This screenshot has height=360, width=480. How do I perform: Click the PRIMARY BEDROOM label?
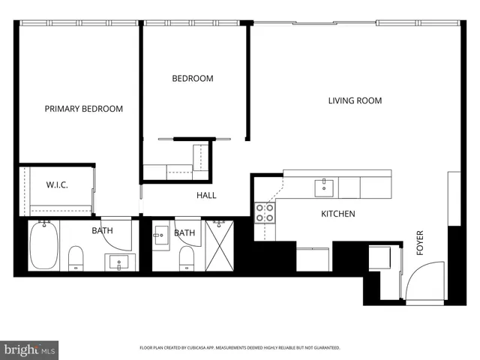[x=83, y=109]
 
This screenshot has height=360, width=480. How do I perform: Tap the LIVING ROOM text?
[x=355, y=100]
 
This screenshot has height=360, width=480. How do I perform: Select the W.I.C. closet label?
[x=57, y=184]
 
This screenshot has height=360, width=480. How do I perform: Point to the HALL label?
[x=206, y=195]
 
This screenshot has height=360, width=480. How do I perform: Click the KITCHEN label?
[x=337, y=214]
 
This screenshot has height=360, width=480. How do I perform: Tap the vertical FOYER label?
[x=420, y=242]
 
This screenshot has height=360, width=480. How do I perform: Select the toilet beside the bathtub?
[x=76, y=259]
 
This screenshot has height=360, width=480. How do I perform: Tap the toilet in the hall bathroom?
[x=186, y=258]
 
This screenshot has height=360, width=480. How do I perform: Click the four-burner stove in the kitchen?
[x=264, y=213]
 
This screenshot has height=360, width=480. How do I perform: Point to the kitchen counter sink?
[x=324, y=185]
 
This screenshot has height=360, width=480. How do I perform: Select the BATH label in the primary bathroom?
[x=102, y=231]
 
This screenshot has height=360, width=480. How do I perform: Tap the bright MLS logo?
[x=30, y=349]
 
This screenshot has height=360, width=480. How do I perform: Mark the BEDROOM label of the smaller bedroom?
[x=192, y=78]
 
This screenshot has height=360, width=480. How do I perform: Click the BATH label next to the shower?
[x=184, y=233]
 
